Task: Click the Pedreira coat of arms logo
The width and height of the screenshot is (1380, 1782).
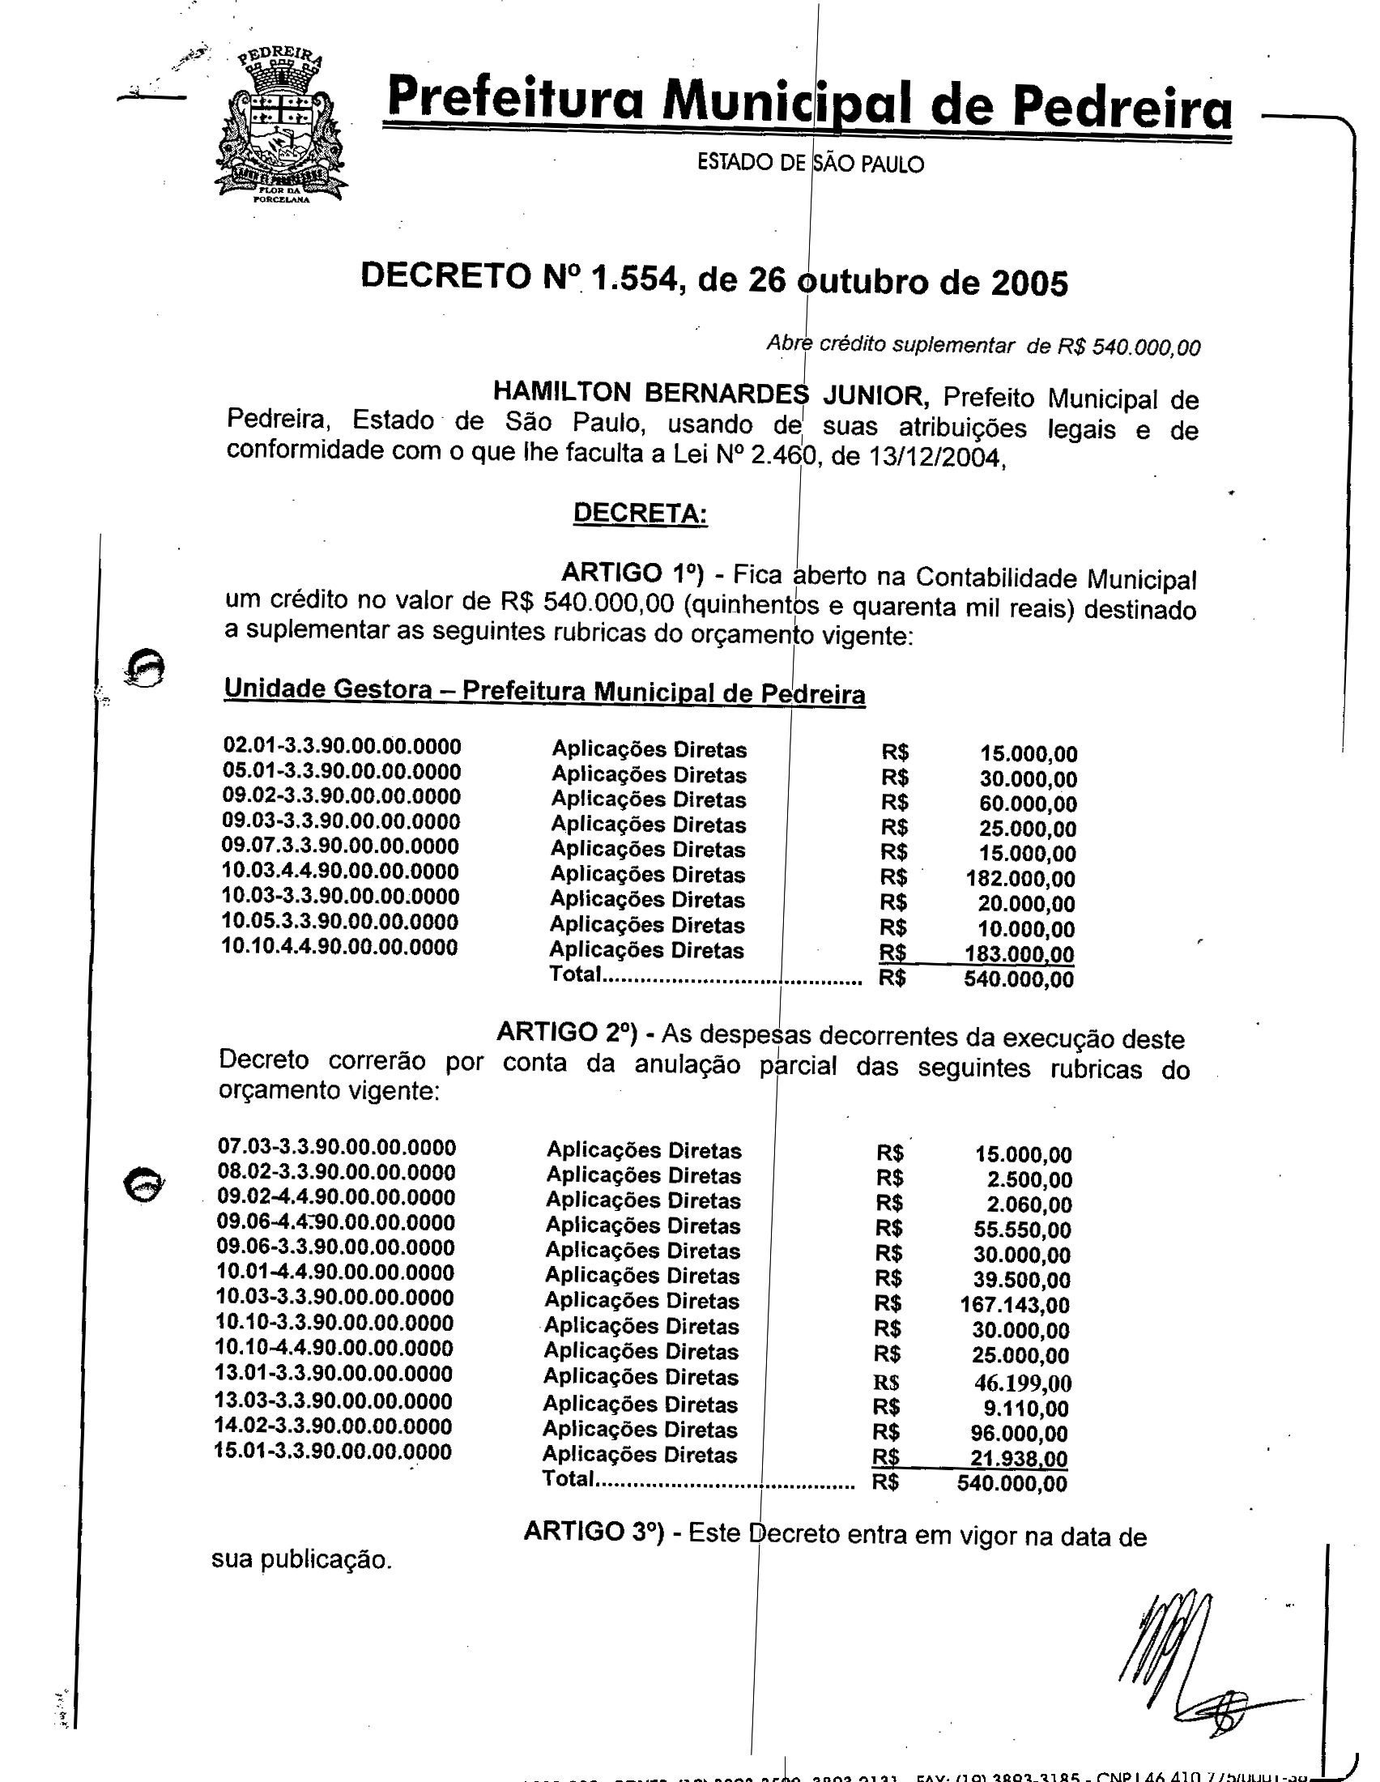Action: pyautogui.click(x=279, y=125)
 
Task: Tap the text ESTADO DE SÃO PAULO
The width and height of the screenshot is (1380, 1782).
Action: pyautogui.click(x=810, y=163)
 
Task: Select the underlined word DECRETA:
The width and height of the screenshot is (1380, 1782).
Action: pyautogui.click(x=641, y=514)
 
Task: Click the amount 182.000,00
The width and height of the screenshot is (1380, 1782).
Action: pyautogui.click(x=1020, y=879)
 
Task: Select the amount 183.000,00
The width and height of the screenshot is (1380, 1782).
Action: pyautogui.click(x=1019, y=954)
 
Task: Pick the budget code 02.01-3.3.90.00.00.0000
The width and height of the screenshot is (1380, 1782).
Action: pyautogui.click(x=342, y=746)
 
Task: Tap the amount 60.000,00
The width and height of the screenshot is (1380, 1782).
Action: pyautogui.click(x=1028, y=804)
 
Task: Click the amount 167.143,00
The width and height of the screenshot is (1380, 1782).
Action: pyautogui.click(x=1015, y=1304)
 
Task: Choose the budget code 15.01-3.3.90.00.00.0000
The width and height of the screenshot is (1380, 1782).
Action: pyautogui.click(x=333, y=1452)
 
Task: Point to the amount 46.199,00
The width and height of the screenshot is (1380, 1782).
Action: pyautogui.click(x=1022, y=1382)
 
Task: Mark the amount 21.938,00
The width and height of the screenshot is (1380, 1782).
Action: pyautogui.click(x=1019, y=1458)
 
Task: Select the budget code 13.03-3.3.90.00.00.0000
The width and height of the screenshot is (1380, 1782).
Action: pyautogui.click(x=334, y=1401)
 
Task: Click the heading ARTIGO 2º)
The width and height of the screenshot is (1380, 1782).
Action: pyautogui.click(x=566, y=1032)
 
